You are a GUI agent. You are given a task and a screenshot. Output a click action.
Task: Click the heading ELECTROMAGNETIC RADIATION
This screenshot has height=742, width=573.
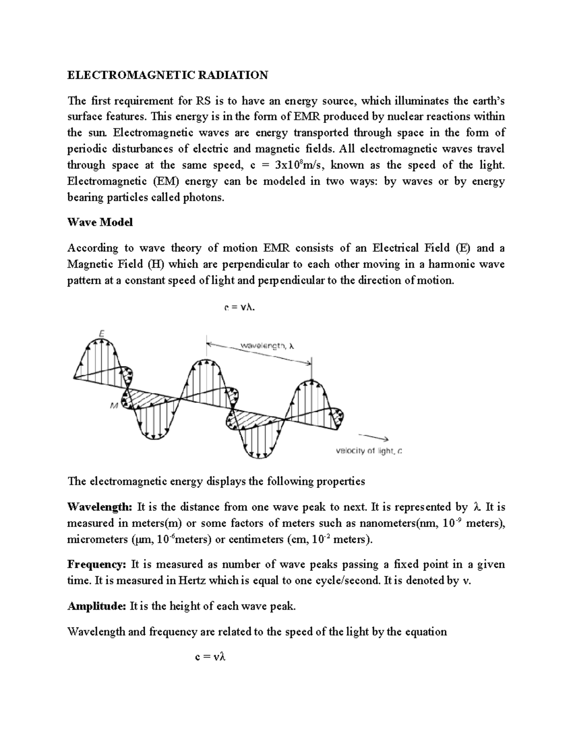pyautogui.click(x=168, y=75)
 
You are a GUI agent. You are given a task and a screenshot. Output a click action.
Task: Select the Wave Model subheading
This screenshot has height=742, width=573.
pyautogui.click(x=100, y=222)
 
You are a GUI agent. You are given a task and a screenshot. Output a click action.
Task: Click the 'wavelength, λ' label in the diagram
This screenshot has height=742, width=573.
pyautogui.click(x=267, y=346)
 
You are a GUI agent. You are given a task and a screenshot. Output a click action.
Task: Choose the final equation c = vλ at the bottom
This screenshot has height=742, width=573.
pyautogui.click(x=210, y=657)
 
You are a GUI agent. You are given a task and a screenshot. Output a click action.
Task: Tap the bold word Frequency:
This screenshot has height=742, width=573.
pyautogui.click(x=97, y=564)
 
